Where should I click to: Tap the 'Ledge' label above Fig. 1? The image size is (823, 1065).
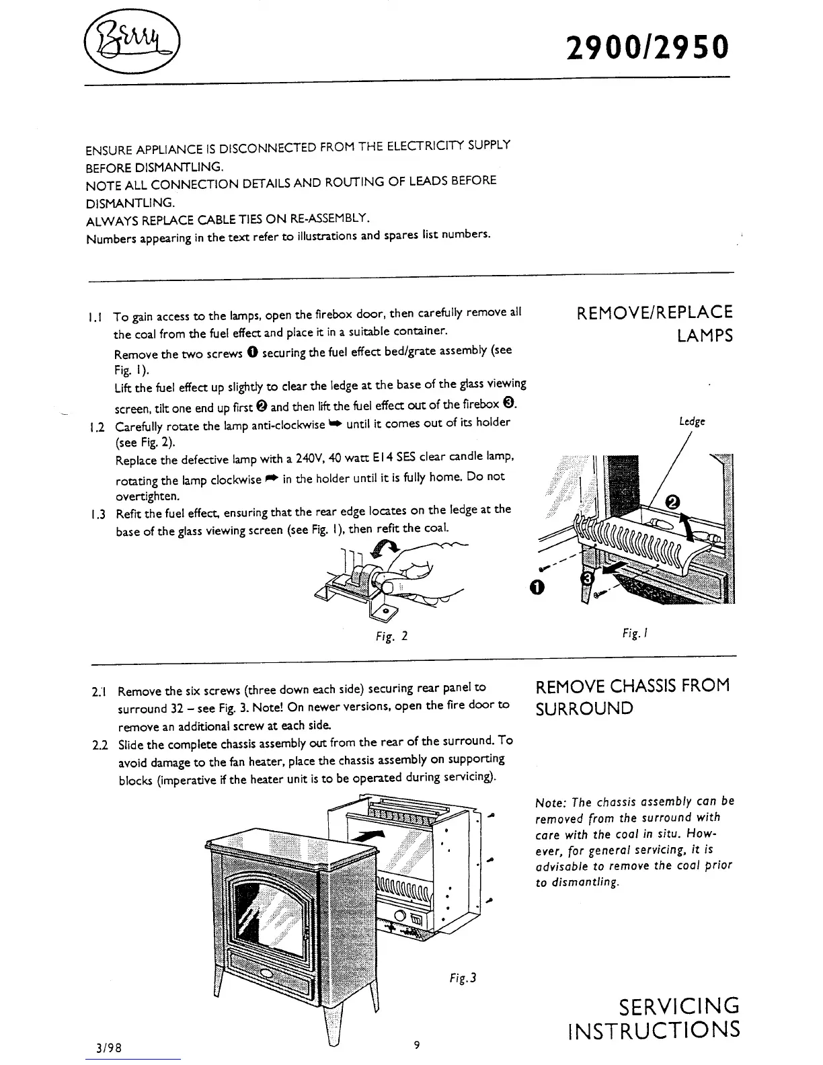pos(692,422)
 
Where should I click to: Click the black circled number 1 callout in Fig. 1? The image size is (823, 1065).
pos(535,588)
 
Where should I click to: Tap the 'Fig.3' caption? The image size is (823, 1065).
pos(463,978)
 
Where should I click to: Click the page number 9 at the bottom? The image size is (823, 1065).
pos(417,1044)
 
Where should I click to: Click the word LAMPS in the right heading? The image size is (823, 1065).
pos(705,336)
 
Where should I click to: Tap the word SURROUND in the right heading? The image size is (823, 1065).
pos(584,709)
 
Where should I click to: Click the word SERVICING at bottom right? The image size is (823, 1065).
pos(678,1006)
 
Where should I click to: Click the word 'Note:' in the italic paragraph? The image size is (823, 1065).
pos(549,803)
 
